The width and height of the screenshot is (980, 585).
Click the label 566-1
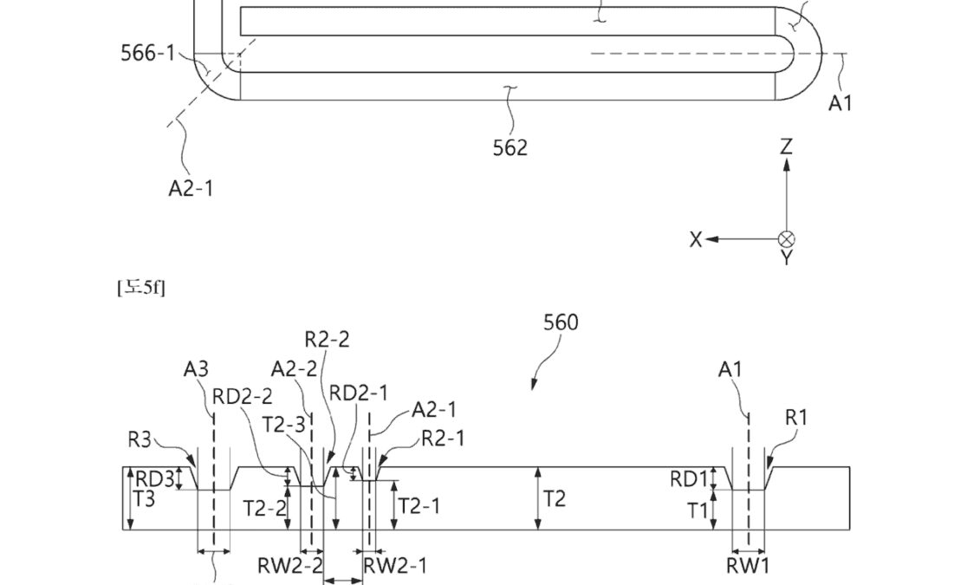click(147, 53)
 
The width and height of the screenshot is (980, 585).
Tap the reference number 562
click(509, 147)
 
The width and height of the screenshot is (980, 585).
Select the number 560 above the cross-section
click(561, 323)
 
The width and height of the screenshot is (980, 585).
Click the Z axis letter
click(786, 146)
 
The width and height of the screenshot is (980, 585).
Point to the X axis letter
click(696, 240)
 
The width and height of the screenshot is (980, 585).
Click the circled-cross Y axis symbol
click(786, 240)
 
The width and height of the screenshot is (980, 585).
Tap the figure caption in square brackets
click(140, 287)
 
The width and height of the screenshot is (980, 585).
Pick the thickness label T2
click(555, 498)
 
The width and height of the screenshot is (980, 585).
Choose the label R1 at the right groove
click(796, 418)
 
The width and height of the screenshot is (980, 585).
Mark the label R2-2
click(327, 339)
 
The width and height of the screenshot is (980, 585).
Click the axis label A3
click(196, 370)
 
